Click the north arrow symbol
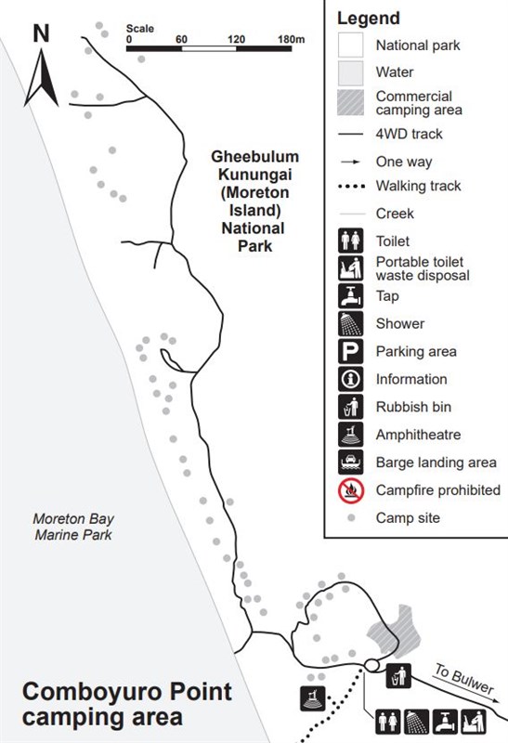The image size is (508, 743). point(41,77)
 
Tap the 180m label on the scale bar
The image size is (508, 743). point(291,39)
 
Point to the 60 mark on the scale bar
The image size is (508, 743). point(181,39)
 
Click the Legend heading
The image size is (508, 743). point(369,18)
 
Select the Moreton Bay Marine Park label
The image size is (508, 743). point(73,527)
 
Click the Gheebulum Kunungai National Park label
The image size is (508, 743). point(254,202)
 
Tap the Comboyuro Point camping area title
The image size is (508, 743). point(126,704)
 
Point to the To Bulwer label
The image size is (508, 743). point(464,679)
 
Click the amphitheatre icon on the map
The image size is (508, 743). point(313,698)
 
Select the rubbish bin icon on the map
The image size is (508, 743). point(398,676)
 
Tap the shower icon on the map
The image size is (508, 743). point(417,722)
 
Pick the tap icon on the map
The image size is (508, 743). point(445,722)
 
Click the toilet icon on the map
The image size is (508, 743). point(388,722)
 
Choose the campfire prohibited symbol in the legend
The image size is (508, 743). point(351,490)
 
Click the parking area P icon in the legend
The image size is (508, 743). point(351,352)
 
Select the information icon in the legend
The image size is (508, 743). point(351,379)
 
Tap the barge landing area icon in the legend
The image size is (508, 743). point(351,463)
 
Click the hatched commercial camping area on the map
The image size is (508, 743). point(395,631)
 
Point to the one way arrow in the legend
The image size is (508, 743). point(351,162)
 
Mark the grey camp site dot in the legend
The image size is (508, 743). point(351,518)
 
